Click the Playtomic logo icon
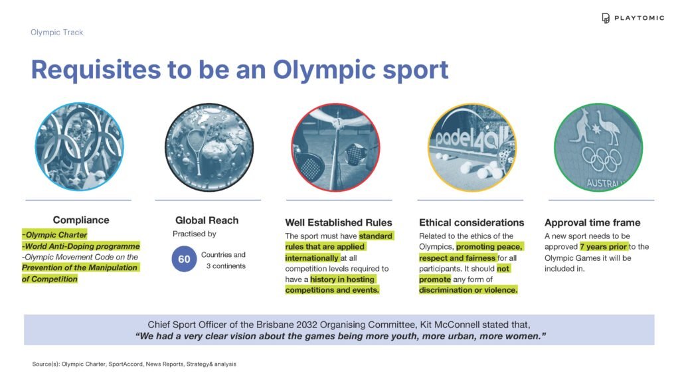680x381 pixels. tap(606, 18)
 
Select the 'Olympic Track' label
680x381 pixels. tap(57, 33)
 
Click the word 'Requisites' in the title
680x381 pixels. tap(96, 69)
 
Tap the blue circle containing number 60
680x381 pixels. tap(185, 259)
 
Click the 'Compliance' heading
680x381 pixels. tap(81, 220)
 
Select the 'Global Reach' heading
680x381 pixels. tap(207, 220)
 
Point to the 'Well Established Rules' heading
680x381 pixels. tap(339, 222)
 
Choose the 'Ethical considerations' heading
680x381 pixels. tap(471, 222)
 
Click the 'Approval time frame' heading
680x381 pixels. tap(592, 222)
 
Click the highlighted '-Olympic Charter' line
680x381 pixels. tap(54, 234)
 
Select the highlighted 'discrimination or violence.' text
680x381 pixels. tap(468, 290)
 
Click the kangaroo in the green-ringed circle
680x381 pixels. tap(582, 125)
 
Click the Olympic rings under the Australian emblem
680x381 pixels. tap(602, 159)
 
